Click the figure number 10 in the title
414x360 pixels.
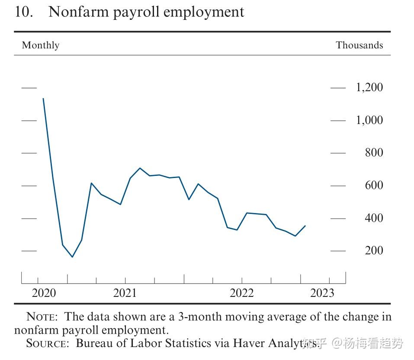coord(24,12)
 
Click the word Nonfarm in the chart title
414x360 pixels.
coord(78,12)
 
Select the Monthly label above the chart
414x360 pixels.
coord(40,45)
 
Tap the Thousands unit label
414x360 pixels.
coord(359,45)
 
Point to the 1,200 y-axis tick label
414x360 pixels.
coord(369,87)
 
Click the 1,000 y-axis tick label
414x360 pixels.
coord(369,120)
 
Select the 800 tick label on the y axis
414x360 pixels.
coord(374,153)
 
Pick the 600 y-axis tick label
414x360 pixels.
coord(374,185)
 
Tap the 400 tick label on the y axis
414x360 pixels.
coord(374,218)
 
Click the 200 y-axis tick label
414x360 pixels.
coord(374,251)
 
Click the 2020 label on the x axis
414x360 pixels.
coord(44,293)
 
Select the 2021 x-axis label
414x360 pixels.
coord(125,293)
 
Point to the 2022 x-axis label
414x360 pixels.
coord(241,293)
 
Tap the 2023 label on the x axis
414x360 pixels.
coord(322,293)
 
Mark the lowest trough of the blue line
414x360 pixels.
coord(72,257)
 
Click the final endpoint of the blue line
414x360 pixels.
coord(305,226)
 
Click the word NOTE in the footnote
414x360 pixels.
coord(42,317)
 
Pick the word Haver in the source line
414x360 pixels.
coord(249,343)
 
